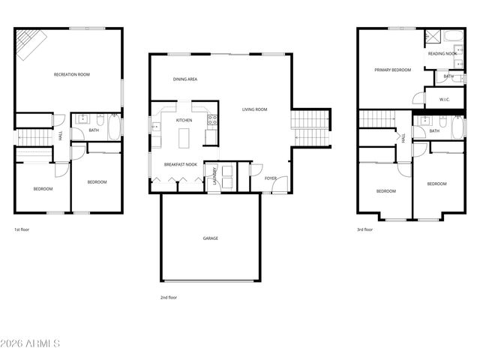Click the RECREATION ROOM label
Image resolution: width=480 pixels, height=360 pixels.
click(72, 74)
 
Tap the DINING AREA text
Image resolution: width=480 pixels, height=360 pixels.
click(184, 79)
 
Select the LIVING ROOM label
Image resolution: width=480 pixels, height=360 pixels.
click(254, 109)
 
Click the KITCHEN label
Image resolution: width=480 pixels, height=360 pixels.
click(184, 120)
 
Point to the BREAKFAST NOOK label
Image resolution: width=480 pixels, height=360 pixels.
click(180, 164)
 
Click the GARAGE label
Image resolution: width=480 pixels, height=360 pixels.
click(211, 238)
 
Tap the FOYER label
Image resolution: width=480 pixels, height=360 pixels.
click(270, 178)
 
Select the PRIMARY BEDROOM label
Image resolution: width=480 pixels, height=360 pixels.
click(393, 70)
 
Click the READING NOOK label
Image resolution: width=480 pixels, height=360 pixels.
click(442, 54)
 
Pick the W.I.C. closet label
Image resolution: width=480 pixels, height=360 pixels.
click(444, 99)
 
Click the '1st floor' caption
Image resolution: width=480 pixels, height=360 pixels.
click(22, 229)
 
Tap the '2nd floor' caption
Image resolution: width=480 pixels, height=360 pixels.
click(169, 297)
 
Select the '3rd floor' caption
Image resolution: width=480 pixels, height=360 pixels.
click(364, 229)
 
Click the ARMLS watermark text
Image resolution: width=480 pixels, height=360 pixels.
click(31, 343)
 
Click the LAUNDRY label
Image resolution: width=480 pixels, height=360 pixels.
click(214, 175)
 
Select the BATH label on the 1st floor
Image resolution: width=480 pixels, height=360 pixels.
click(94, 130)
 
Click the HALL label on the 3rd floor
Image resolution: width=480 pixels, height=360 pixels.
click(403, 138)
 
